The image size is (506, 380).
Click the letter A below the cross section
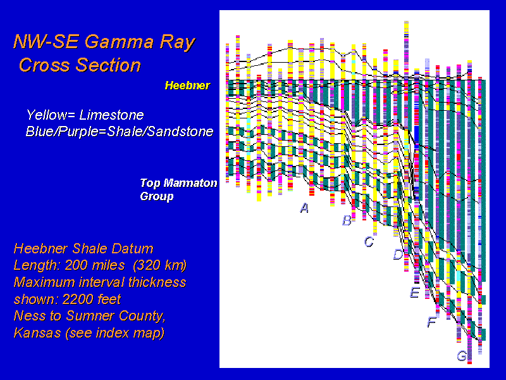[304, 208]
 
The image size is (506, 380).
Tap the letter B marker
[347, 220]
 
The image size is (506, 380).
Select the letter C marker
[369, 241]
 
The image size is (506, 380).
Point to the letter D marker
[398, 255]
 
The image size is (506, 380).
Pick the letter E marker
[415, 292]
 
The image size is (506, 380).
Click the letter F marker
[432, 322]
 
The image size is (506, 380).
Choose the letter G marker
[462, 356]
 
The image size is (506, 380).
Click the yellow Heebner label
[187, 85]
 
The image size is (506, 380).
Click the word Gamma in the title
[120, 42]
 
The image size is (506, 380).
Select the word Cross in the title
[45, 65]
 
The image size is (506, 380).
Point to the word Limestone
[112, 115]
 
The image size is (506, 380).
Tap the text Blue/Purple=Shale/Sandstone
[120, 132]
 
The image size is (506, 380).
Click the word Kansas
[37, 332]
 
